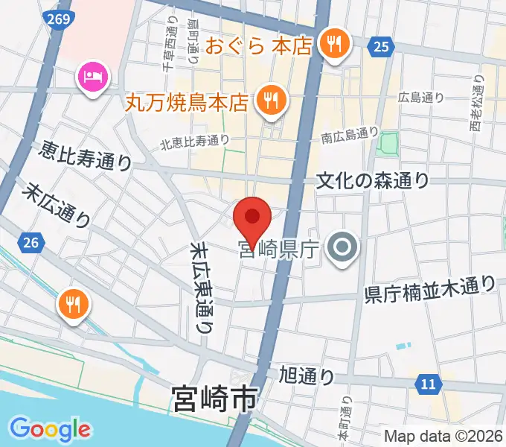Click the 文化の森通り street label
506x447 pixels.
click(373, 180)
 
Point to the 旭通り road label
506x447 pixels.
click(307, 375)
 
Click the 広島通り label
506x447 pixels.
click(420, 97)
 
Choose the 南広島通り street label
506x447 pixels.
click(350, 135)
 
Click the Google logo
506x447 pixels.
click(50, 428)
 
